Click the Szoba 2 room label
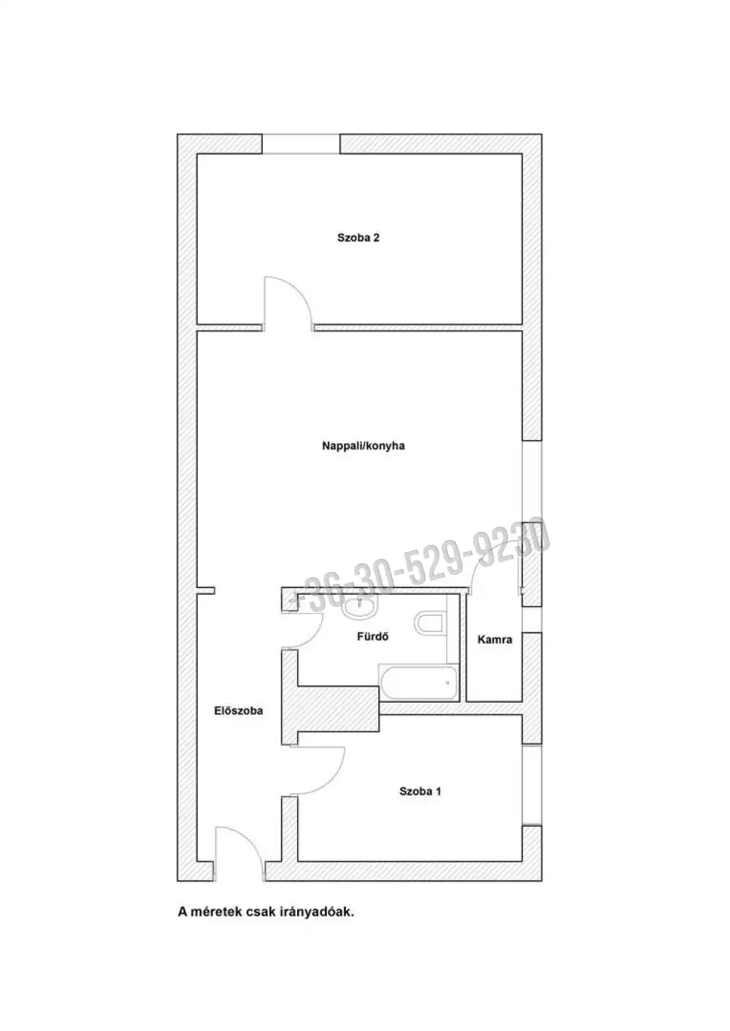[358, 238]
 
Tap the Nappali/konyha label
[364, 446]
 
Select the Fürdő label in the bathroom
[372, 636]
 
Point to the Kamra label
[495, 639]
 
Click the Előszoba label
[239, 711]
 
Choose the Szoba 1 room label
[420, 791]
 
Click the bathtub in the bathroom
[418, 683]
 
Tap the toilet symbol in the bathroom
[430, 623]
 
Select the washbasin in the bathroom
[360, 607]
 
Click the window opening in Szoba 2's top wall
[301, 144]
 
